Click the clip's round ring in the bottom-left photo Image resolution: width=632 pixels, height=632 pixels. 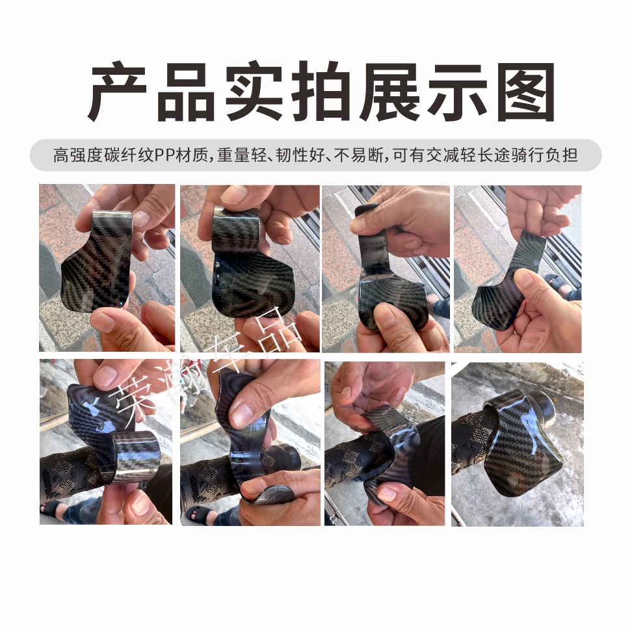point(133,455)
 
